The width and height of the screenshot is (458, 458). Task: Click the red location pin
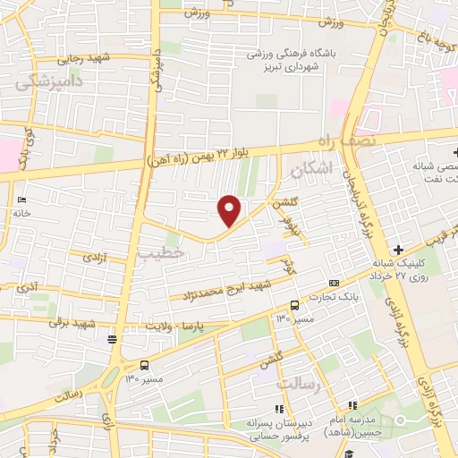click(x=230, y=209)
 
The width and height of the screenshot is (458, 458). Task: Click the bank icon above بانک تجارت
click(x=334, y=283)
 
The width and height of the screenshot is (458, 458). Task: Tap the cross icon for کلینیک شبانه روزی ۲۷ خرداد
click(x=398, y=249)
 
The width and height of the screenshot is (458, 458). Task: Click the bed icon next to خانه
click(x=22, y=199)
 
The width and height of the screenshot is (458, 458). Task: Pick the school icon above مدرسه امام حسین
click(x=352, y=406)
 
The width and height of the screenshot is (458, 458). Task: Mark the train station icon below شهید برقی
click(x=111, y=338)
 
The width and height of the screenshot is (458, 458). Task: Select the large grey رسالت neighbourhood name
click(x=298, y=384)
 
